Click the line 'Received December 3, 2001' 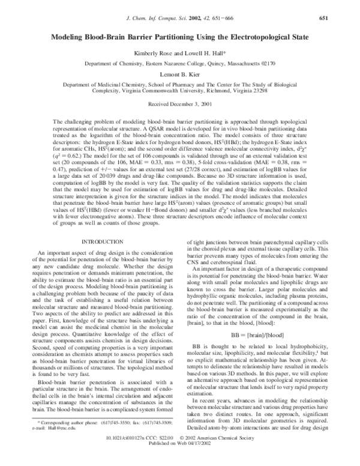pos(180,104)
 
